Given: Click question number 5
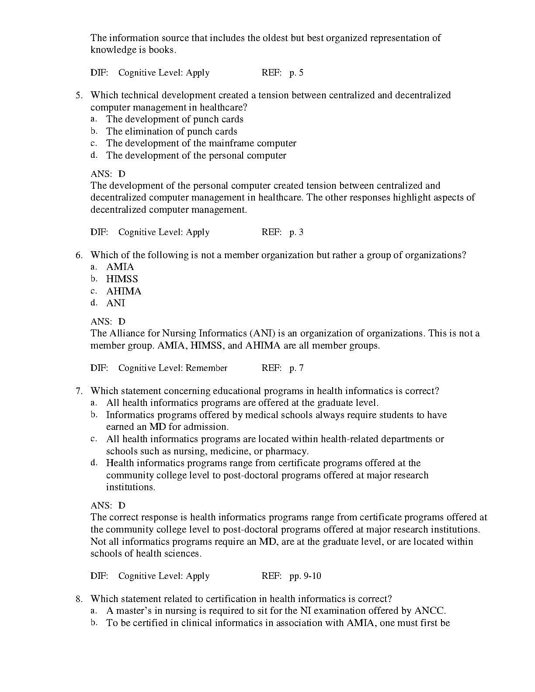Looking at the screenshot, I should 79,95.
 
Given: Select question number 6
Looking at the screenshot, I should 79,255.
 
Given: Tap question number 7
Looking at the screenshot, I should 79,391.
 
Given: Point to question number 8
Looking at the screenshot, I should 79,599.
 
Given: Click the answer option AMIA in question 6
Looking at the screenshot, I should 120,267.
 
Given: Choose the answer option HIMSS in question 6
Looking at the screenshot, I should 122,279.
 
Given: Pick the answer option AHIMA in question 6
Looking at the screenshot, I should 124,291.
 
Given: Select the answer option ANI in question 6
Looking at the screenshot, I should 115,303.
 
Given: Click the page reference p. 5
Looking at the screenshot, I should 296,73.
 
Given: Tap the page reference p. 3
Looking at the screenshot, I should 296,232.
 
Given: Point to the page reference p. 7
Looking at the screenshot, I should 296,368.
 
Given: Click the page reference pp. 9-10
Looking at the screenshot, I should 305,576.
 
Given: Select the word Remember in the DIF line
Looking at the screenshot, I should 206,368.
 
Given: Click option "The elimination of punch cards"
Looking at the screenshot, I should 172,131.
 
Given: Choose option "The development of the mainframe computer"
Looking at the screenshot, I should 201,143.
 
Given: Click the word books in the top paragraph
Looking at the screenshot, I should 162,50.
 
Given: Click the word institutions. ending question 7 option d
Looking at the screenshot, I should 131,487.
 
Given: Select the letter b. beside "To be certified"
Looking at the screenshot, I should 94,623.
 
